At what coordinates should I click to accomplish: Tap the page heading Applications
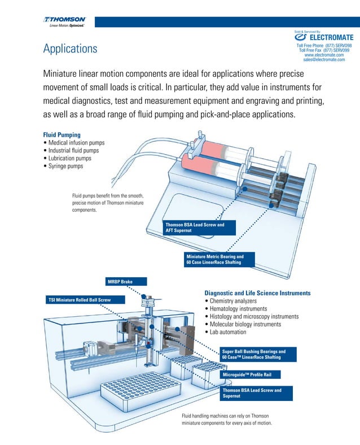(70, 49)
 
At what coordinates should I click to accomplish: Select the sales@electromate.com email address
(324, 59)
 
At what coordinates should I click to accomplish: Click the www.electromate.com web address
(324, 54)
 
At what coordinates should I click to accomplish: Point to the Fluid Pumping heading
(62, 135)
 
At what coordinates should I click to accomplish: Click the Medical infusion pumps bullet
(76, 143)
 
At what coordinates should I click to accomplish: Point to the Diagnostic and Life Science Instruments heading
(257, 293)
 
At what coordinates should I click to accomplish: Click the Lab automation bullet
(235, 332)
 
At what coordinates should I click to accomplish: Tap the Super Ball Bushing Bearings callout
(256, 355)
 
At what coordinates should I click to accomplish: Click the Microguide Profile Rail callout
(250, 374)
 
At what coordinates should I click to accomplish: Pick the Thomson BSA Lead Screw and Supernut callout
(256, 393)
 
